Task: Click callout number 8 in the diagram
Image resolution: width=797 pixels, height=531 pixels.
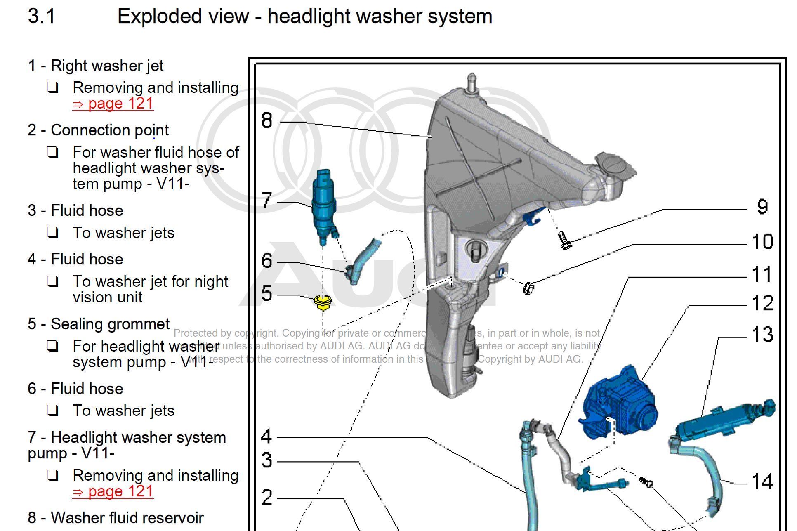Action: [x=267, y=120]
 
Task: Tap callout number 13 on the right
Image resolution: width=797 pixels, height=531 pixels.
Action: [x=762, y=335]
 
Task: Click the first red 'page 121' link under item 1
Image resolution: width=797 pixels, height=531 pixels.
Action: [x=113, y=104]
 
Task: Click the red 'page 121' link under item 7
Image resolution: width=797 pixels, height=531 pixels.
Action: [x=113, y=491]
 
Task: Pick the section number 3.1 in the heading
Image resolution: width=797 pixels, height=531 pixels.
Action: [x=41, y=17]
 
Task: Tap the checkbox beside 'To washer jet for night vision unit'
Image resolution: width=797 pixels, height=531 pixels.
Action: [x=52, y=281]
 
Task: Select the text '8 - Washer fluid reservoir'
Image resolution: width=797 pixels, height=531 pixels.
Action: [x=116, y=518]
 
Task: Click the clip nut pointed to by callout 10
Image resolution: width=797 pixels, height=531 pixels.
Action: [x=528, y=288]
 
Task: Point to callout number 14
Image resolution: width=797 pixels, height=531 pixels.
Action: [x=762, y=481]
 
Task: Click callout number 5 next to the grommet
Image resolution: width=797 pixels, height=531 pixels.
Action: [x=267, y=293]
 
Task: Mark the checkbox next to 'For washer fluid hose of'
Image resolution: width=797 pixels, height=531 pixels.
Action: [x=52, y=152]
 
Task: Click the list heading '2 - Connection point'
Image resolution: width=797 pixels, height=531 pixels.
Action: [x=98, y=130]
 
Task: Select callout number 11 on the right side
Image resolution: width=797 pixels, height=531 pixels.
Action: [x=762, y=275]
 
